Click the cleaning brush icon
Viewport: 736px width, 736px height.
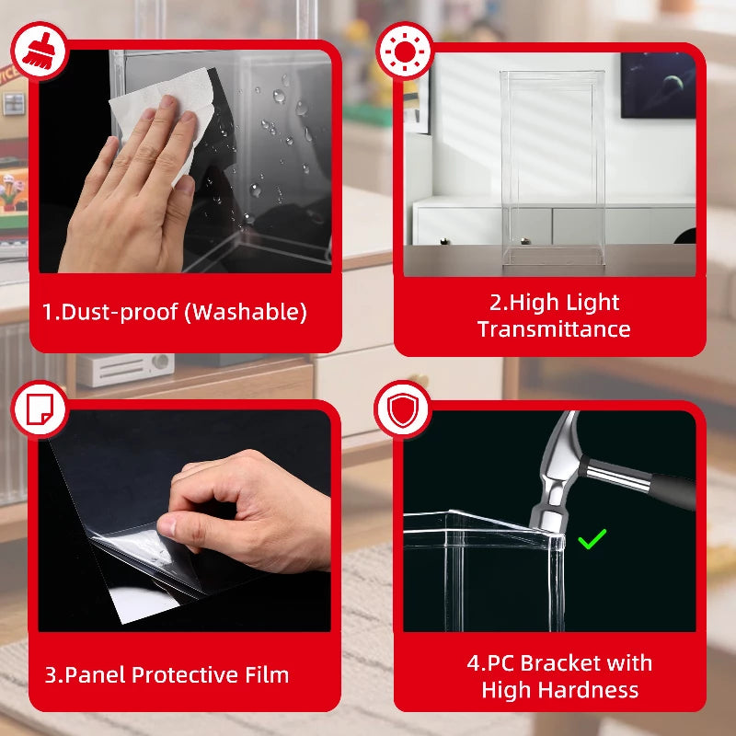coord(40,50)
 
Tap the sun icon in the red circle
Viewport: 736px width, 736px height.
coord(405,52)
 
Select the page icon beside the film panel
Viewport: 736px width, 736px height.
coord(40,408)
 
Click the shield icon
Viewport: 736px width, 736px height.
coord(403,409)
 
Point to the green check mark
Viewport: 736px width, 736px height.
coord(592,539)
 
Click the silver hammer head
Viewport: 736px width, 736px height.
coord(558,474)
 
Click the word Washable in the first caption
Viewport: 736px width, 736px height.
coord(246,312)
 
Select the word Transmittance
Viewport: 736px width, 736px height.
coord(554,329)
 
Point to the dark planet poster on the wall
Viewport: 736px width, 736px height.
coord(658,86)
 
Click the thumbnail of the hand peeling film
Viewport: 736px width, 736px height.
coord(185,521)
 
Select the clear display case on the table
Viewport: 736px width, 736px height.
coord(553,168)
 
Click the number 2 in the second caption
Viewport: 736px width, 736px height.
coord(495,303)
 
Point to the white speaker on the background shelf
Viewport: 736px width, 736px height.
coord(125,370)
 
